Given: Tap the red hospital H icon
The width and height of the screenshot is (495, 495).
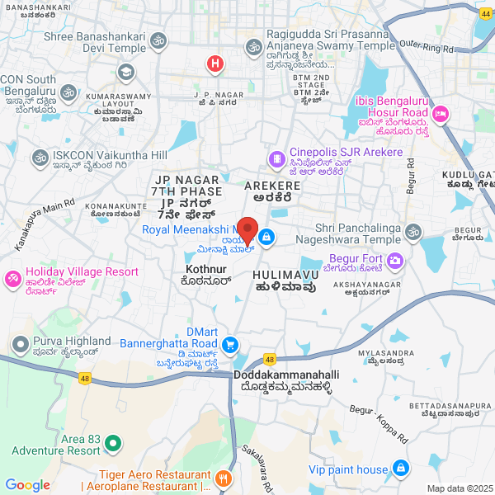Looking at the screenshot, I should (x=214, y=62).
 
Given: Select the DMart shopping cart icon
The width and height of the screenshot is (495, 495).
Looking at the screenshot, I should (x=232, y=345).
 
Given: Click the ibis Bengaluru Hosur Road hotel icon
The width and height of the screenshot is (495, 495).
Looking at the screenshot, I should (x=441, y=112).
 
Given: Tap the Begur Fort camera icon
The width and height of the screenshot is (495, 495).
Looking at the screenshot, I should (x=395, y=261).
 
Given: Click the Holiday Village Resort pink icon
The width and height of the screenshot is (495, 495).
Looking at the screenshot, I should (x=12, y=278).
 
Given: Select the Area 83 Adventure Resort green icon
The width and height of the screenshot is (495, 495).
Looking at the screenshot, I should (x=115, y=445).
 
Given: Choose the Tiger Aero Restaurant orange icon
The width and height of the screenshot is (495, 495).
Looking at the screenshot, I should (x=222, y=478).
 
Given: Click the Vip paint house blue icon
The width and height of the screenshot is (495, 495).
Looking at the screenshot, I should (x=401, y=469).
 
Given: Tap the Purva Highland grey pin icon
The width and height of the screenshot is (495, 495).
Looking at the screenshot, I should (x=18, y=342).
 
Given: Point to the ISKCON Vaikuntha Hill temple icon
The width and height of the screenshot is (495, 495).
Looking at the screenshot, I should (x=40, y=156).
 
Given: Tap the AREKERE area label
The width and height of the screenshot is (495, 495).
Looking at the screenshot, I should (x=273, y=186).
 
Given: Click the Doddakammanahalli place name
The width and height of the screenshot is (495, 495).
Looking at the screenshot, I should (x=285, y=375).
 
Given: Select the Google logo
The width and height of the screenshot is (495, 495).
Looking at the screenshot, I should (x=27, y=485).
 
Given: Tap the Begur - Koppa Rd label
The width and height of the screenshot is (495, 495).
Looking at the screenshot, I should (x=379, y=431).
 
